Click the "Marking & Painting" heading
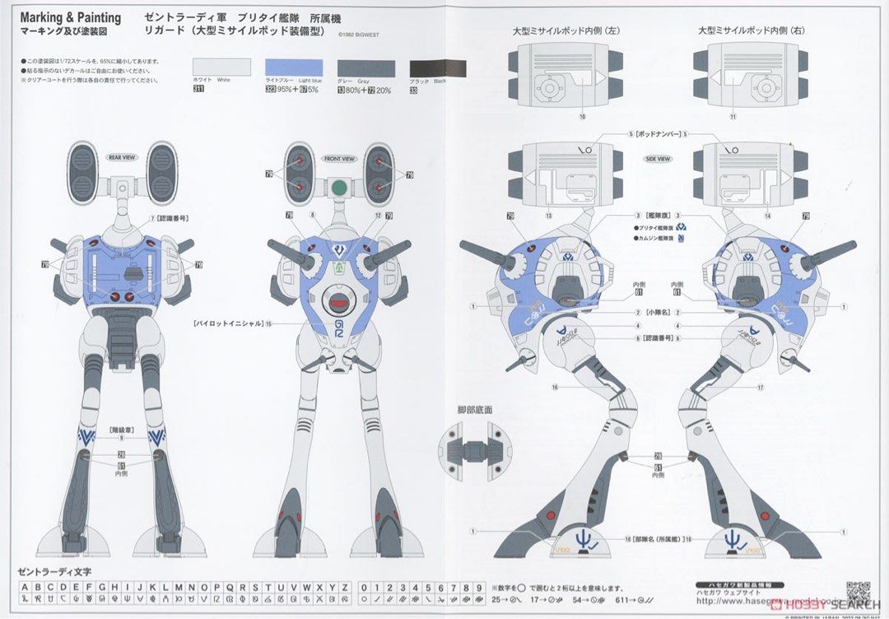[x=70, y=17]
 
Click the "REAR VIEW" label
[x=122, y=157]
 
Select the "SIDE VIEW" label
[x=658, y=159]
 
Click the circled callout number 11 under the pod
[x=732, y=118]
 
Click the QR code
[x=858, y=593]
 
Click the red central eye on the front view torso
[x=338, y=303]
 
